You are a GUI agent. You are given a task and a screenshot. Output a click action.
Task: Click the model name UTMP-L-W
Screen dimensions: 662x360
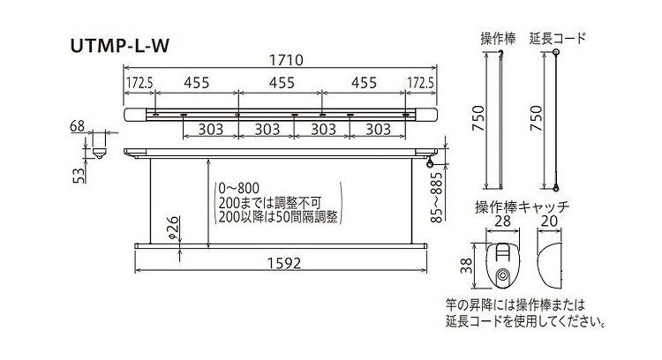click(x=120, y=46)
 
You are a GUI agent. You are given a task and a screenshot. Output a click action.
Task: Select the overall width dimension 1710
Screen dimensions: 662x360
click(x=286, y=60)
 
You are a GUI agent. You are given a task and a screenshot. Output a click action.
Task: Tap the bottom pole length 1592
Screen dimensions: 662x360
click(x=284, y=263)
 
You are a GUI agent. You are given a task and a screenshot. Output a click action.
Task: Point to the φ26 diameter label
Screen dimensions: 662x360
click(x=174, y=229)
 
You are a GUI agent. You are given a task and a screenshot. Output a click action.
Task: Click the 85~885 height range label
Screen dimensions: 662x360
click(x=438, y=197)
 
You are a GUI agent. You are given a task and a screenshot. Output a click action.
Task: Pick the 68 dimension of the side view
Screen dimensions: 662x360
click(x=78, y=126)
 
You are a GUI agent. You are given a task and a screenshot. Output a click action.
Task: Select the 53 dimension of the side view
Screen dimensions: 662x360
click(x=79, y=175)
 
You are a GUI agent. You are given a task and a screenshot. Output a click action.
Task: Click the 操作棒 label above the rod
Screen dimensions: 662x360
click(x=498, y=39)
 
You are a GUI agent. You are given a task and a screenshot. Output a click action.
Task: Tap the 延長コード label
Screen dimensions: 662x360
click(x=558, y=39)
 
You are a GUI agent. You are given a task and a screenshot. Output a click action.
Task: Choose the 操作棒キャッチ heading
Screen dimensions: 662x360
click(x=523, y=206)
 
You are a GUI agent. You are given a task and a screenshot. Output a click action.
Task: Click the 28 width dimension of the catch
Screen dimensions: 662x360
click(x=502, y=221)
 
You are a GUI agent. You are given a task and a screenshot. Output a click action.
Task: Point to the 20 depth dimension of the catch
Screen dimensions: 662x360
click(x=549, y=221)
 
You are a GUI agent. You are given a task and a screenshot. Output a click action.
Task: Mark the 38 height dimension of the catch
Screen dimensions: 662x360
click(x=466, y=266)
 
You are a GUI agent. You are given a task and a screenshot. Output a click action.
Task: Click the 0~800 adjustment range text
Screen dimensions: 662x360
click(x=239, y=188)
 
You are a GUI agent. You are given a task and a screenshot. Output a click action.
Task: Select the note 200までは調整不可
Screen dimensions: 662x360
click(x=270, y=203)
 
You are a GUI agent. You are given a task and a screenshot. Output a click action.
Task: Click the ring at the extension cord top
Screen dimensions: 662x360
click(x=556, y=52)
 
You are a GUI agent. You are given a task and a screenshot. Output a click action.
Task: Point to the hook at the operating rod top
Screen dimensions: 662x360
click(x=501, y=52)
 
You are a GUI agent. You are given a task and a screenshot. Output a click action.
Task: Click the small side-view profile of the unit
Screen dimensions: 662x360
click(x=99, y=153)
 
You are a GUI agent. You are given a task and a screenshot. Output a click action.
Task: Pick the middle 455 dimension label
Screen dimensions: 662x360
click(x=282, y=82)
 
